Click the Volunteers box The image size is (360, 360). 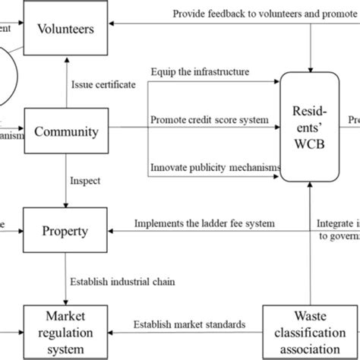coord(67,30)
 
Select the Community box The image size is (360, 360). coord(67,132)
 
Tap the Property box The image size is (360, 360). coord(67,229)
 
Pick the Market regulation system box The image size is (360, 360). coord(67,332)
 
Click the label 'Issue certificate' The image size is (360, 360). coord(104,85)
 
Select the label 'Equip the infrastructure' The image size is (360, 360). coord(200,72)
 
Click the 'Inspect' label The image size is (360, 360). coord(85,182)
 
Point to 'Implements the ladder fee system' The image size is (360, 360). coord(204,223)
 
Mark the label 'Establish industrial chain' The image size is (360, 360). coord(124,282)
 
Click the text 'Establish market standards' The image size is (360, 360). coord(190,325)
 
